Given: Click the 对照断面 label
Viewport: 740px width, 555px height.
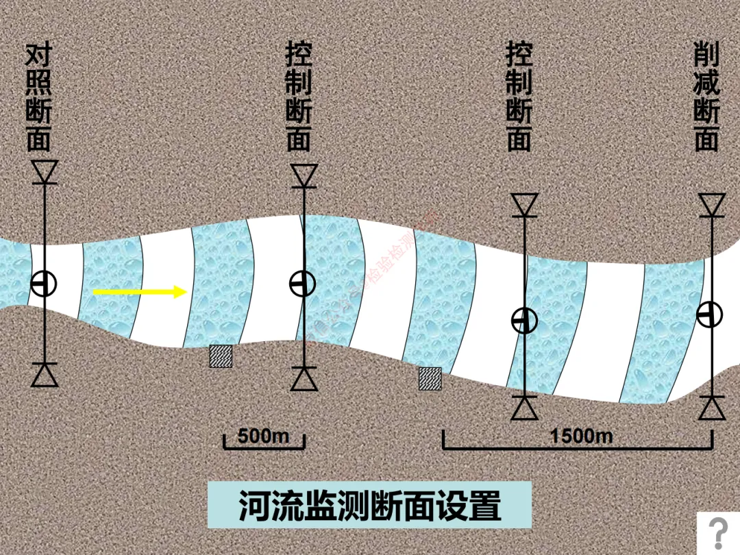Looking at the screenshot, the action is click(39, 97).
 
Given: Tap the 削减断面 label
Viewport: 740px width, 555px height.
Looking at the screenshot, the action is click(706, 97).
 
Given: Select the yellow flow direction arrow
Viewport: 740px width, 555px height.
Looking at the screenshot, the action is click(140, 292).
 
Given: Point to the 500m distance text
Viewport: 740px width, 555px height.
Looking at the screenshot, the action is click(264, 435).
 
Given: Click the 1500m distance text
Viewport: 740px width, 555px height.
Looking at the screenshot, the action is click(581, 435).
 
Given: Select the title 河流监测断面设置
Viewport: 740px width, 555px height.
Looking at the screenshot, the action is click(369, 506).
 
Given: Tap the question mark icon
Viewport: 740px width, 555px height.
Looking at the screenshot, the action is click(718, 532).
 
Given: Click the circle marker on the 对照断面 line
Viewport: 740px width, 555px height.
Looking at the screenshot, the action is click(44, 283).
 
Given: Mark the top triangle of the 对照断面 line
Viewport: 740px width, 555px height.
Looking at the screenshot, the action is click(45, 171).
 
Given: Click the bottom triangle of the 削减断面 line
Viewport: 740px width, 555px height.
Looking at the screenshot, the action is click(712, 408).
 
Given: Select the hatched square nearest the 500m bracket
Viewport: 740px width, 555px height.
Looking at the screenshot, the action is click(221, 356).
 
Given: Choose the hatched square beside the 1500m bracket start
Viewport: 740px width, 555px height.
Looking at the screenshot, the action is click(430, 378).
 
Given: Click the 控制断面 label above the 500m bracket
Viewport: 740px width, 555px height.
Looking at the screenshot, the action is click(299, 97).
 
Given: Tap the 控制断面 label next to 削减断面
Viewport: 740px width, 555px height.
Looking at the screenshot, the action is click(519, 97).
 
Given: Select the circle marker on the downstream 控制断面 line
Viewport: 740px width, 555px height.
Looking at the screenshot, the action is click(525, 320).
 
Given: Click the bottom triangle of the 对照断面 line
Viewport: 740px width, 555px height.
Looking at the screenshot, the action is click(45, 375).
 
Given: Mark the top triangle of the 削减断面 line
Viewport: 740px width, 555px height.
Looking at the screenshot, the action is click(712, 204).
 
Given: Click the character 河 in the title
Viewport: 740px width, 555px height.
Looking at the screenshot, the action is click(252, 506).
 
